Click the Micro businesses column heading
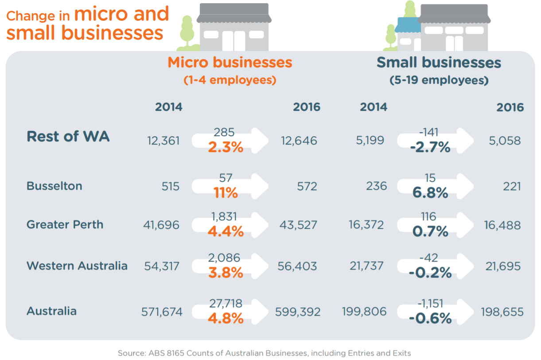(230, 63)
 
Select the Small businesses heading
(439, 63)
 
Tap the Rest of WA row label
(68, 136)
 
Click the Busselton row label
(54, 186)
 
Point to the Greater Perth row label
(65, 224)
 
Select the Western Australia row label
(77, 266)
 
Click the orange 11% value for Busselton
(226, 193)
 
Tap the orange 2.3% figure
(226, 147)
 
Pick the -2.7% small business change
(430, 147)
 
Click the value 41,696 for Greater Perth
(161, 225)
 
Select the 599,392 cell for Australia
(298, 312)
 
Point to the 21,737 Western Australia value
(366, 266)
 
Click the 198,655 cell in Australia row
(502, 312)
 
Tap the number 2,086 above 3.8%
(224, 258)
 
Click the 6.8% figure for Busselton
(430, 193)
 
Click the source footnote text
(264, 353)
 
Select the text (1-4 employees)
(230, 80)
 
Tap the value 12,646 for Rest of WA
(299, 141)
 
